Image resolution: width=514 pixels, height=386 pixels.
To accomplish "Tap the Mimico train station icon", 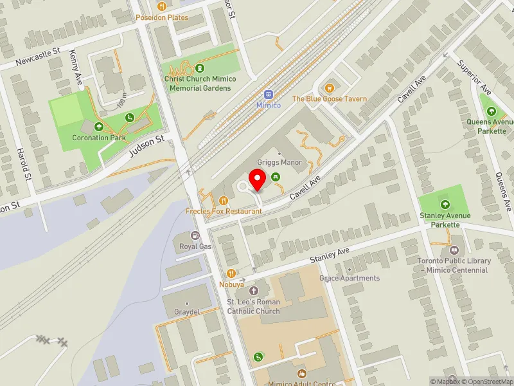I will click(269, 94).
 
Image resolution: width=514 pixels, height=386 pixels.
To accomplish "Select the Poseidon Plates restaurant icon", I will click(161, 6).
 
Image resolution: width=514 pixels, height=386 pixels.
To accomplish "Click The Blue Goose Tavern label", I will click(330, 98).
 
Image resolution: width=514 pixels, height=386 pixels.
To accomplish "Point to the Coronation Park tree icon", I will click(98, 127).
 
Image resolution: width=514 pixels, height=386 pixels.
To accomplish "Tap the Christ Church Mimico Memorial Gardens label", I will click(200, 83).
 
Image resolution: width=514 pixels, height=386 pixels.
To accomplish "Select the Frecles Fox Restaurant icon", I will click(224, 200).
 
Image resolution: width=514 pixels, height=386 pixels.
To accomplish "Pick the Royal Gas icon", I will click(195, 235).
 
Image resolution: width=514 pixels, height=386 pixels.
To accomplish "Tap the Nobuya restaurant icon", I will click(230, 273).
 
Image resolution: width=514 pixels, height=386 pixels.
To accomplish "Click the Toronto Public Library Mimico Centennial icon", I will click(456, 250).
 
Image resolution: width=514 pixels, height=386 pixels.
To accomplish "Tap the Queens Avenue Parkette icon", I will click(492, 111).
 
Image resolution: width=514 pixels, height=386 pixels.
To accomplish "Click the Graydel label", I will click(186, 311).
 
